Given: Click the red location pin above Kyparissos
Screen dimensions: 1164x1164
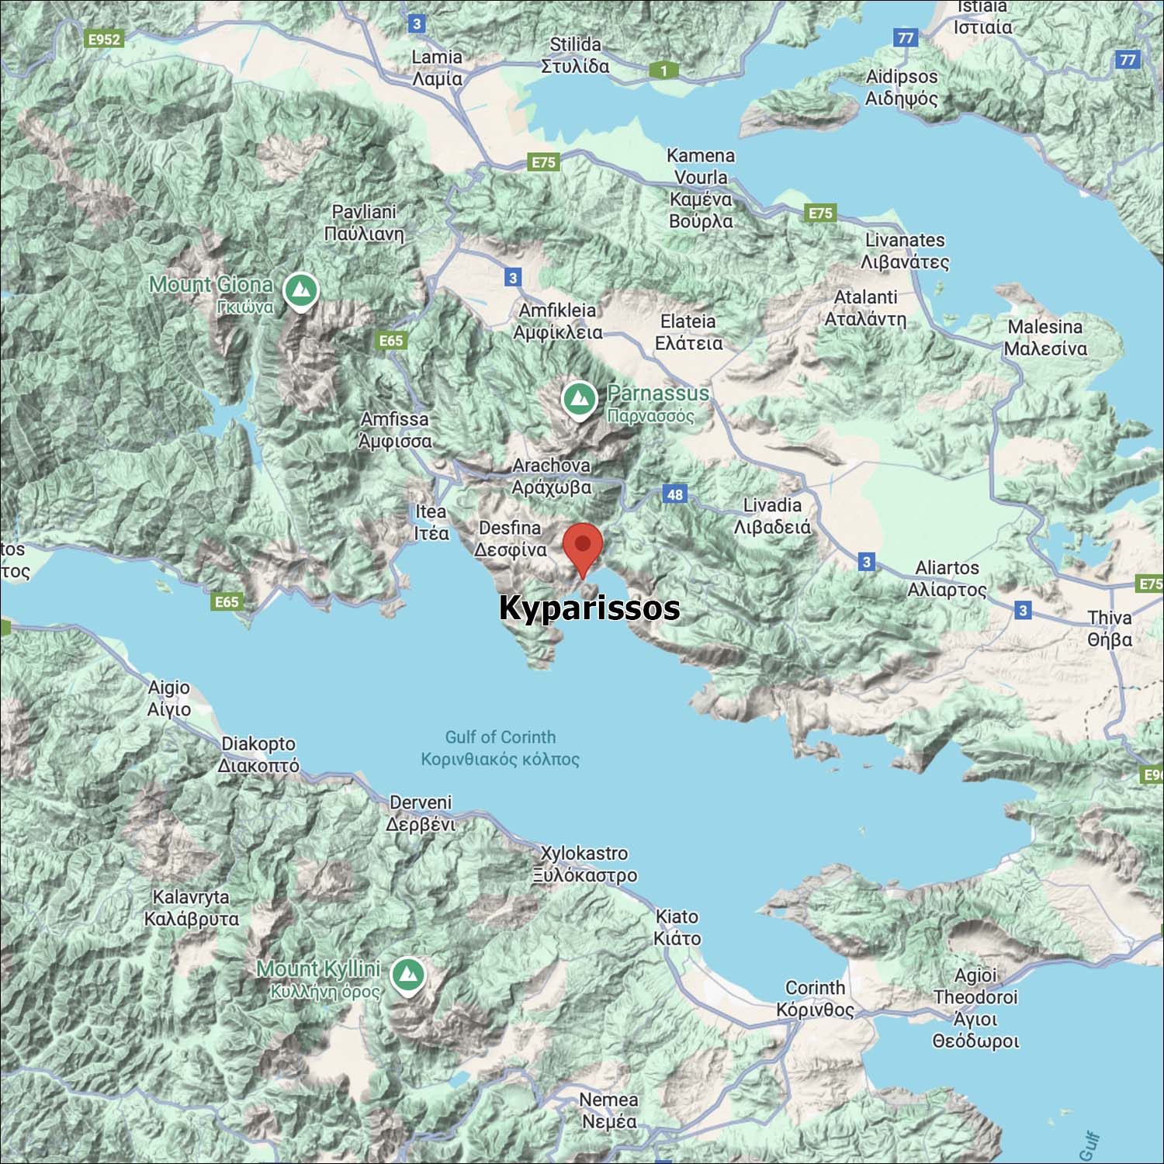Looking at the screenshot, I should pos(582,546).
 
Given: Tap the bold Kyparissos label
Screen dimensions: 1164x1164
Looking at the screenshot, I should pos(589,608).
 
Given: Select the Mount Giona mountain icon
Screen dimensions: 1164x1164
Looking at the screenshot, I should pos(301,290).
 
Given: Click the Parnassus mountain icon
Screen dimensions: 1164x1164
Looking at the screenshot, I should pos(579,400).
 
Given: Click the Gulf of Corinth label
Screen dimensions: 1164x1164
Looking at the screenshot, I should pos(501,747).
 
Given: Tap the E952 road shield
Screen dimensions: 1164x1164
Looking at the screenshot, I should pos(104,39).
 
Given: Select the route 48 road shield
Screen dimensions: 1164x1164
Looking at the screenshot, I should pos(674,494).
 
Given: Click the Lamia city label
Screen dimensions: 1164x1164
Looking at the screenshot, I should pos(437,68).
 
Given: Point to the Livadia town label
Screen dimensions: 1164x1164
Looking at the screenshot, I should pos(772,516).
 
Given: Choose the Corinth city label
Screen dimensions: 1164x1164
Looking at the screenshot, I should pos(815,998).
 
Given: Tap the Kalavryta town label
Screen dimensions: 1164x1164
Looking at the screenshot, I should pos(191,908).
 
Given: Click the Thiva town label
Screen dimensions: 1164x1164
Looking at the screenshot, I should pos(1109,629).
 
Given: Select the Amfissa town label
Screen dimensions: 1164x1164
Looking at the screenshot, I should pos(394,430).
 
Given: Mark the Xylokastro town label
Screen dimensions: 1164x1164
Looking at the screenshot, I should pos(584,864).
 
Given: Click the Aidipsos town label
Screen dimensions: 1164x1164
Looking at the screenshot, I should pos(902,87).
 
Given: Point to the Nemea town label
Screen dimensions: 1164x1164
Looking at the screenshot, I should pos(609,1110).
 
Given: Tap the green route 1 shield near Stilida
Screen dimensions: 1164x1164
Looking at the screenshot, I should pos(663,71).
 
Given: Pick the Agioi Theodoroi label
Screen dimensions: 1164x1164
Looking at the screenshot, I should pos(975,1007).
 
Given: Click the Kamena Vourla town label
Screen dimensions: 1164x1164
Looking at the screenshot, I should pos(701,189).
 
